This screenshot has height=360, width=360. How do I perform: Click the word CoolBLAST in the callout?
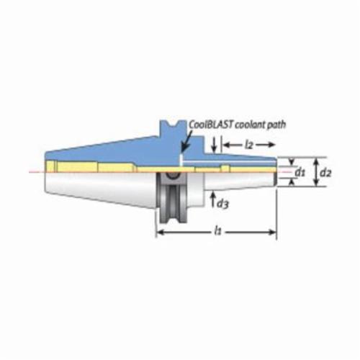(x=211, y=125)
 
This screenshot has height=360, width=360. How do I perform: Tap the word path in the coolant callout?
(x=276, y=125)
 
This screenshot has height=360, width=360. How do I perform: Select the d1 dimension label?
(x=300, y=172)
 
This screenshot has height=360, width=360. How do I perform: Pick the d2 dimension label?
(x=326, y=172)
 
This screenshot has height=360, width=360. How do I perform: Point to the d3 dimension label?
(x=222, y=204)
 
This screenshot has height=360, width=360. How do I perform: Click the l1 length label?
(x=217, y=231)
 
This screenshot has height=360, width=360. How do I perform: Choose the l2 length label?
(x=249, y=145)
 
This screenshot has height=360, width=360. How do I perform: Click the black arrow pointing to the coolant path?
(x=186, y=142)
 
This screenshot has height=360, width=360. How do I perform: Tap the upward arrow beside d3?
(x=212, y=199)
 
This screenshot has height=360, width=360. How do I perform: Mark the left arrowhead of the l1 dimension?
(x=160, y=232)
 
